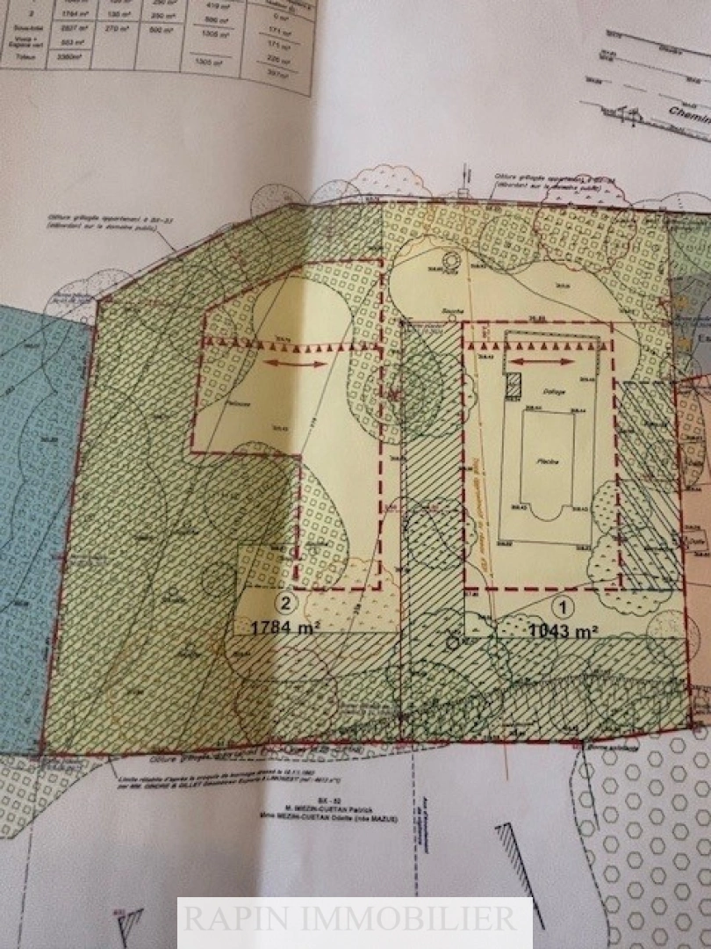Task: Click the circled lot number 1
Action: pyautogui.click(x=562, y=605)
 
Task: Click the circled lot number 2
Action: pyautogui.click(x=285, y=603)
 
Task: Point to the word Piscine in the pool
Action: pyautogui.click(x=539, y=460)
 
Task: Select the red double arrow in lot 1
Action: pyautogui.click(x=536, y=361)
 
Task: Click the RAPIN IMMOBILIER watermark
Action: pyautogui.click(x=355, y=919)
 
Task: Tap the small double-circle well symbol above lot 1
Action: pyautogui.click(x=451, y=262)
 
